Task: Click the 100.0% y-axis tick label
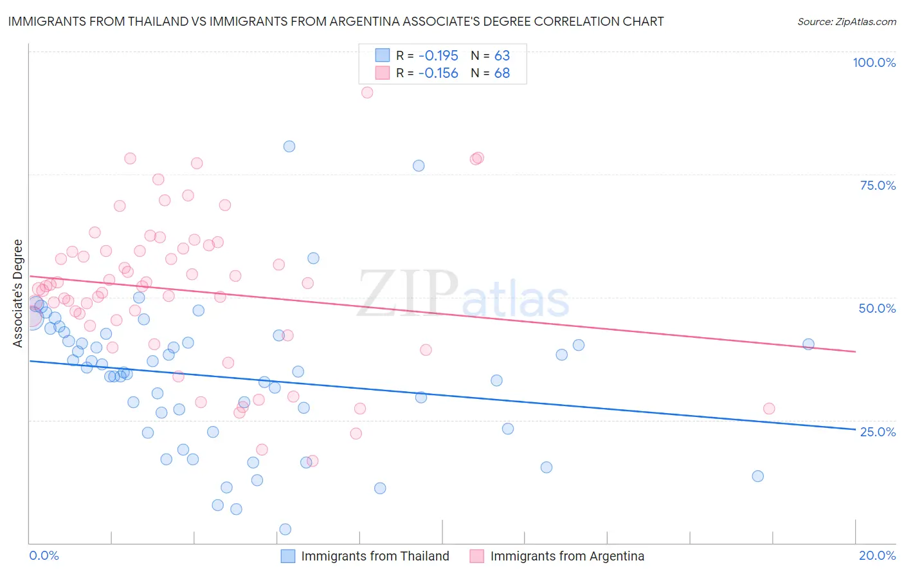[x=874, y=62]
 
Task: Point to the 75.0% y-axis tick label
[x=878, y=185]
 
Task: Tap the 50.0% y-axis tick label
[x=877, y=308]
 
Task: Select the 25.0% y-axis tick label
[x=878, y=431]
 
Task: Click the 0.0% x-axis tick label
[x=44, y=555]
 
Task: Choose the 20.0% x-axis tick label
[x=877, y=555]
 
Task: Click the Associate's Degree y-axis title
[x=18, y=293]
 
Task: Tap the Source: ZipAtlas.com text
[x=846, y=22]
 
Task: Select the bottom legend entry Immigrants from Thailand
[x=375, y=556]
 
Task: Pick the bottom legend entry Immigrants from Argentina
[x=567, y=556]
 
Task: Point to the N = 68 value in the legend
[x=491, y=73]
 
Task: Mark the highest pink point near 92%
[x=367, y=93]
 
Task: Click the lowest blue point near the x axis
[x=285, y=529]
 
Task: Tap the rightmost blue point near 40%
[x=808, y=344]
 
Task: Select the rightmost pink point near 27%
[x=769, y=409]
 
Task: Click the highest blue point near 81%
[x=289, y=146]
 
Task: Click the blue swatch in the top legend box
[x=383, y=55]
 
